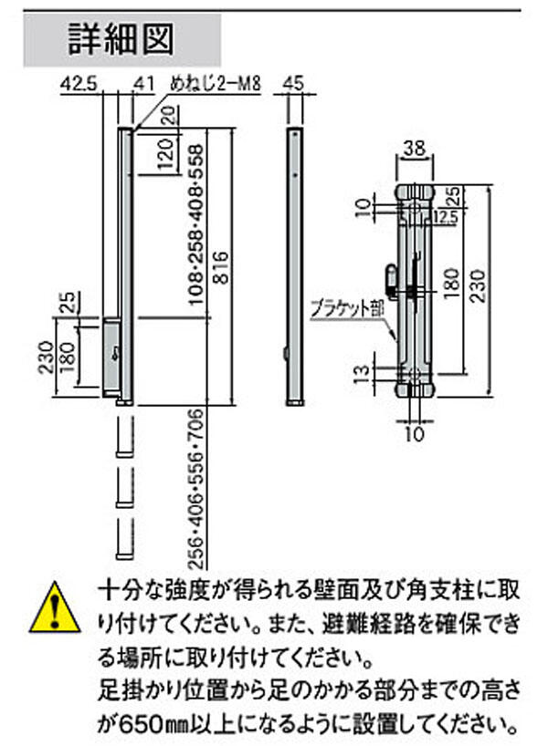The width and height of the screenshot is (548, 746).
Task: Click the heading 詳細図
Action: (121, 39)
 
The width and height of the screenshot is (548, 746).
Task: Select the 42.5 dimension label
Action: (79, 84)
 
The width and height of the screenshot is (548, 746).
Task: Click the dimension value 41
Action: (144, 84)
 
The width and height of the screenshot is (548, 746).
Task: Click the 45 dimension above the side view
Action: (292, 84)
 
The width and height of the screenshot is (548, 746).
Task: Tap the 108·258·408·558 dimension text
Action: (195, 224)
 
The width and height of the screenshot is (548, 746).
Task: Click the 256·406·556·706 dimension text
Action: (195, 490)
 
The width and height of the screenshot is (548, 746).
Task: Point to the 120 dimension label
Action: (166, 154)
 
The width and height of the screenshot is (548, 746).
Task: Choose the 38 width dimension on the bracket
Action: (414, 149)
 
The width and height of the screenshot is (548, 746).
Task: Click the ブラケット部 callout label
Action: (347, 308)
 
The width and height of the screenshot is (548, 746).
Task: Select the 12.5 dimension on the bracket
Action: (446, 217)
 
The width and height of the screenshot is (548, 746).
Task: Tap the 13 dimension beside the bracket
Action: (363, 375)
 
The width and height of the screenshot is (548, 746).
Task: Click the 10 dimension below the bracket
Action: (415, 434)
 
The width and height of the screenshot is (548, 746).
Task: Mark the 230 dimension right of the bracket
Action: (479, 286)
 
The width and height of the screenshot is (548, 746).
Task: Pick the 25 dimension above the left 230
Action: (68, 303)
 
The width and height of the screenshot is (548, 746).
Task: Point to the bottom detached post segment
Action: (125, 538)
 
